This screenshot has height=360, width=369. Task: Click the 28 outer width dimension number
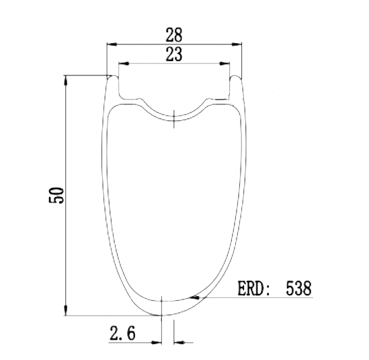[x=174, y=35]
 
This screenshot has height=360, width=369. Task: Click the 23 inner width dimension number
[x=174, y=55]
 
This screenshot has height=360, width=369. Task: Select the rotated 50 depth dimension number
[x=56, y=195]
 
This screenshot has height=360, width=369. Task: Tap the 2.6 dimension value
[x=122, y=333]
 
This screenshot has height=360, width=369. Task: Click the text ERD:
[x=254, y=288]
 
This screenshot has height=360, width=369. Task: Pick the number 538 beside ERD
[x=298, y=288]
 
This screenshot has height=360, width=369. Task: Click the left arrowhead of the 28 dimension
[x=112, y=44]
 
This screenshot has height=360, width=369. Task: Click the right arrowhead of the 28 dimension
[x=237, y=44]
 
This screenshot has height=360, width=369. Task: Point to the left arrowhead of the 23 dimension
[x=124, y=64]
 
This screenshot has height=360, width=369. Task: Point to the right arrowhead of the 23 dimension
[x=224, y=64]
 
